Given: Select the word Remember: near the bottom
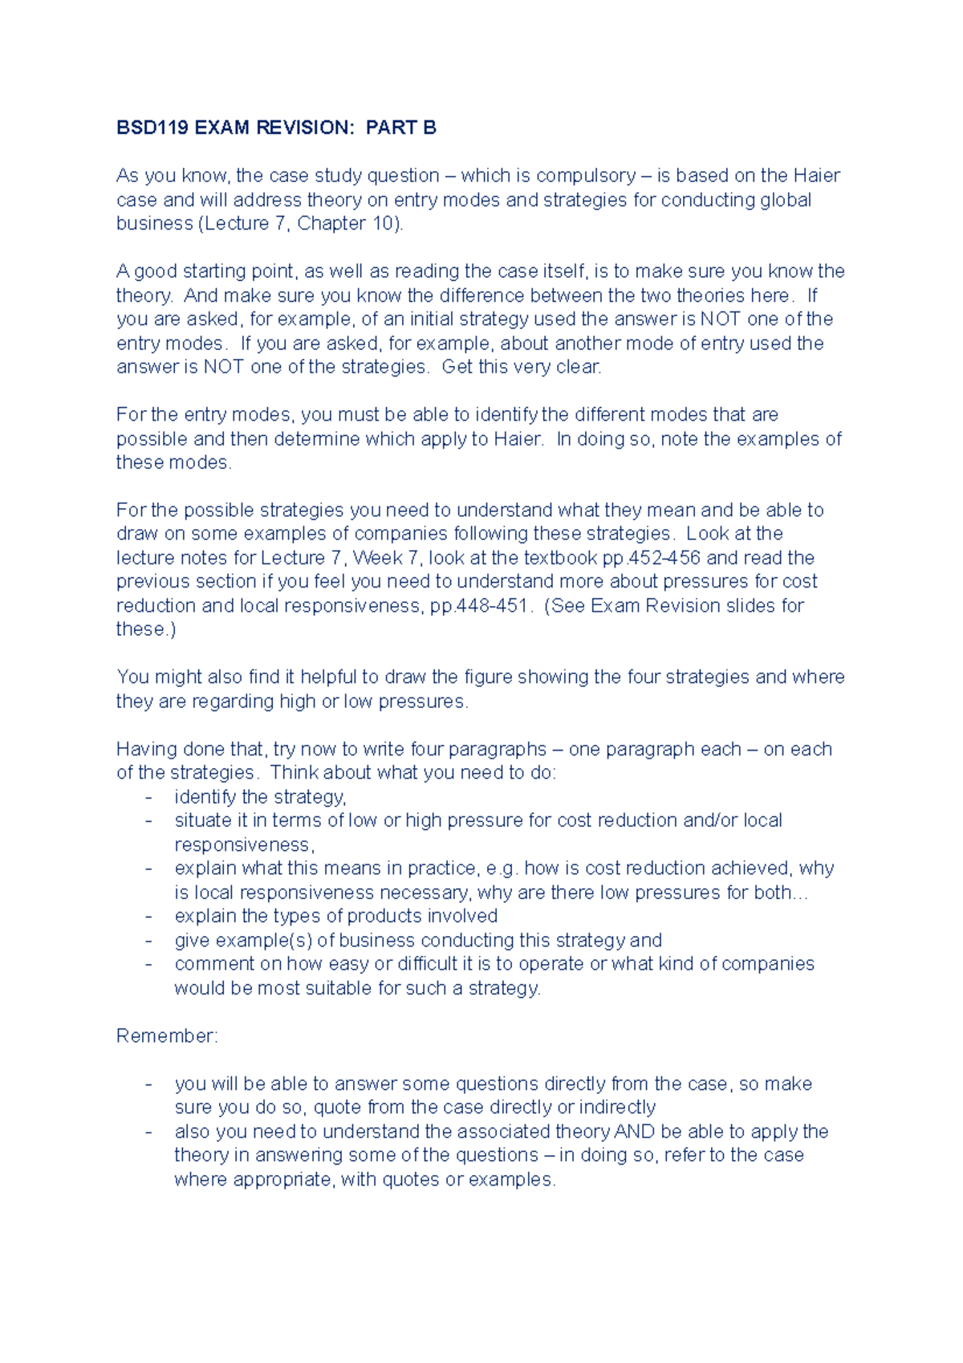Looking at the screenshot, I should [x=167, y=1035].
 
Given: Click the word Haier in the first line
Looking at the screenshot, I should [x=816, y=176].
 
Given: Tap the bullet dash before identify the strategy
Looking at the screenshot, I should [x=148, y=797].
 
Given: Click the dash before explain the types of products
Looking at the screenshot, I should [x=148, y=916].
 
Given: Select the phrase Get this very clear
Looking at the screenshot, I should [x=522, y=367].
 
